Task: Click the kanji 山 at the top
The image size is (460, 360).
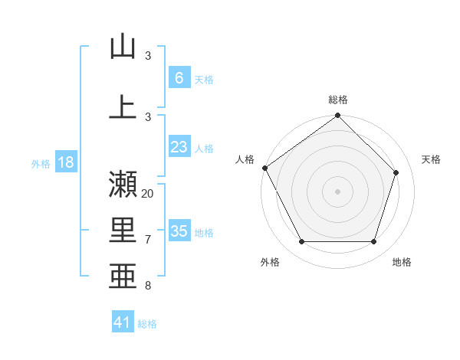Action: (123, 47)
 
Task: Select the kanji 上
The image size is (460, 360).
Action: (123, 106)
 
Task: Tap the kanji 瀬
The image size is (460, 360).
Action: (123, 184)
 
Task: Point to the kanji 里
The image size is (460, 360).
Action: (123, 231)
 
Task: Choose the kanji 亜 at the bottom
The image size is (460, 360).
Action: (123, 277)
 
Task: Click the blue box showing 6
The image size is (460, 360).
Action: (179, 77)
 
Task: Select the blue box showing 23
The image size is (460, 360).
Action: (179, 147)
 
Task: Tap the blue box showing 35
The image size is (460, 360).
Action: (179, 231)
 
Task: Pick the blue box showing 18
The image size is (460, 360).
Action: (65, 162)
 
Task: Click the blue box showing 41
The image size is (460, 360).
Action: (123, 322)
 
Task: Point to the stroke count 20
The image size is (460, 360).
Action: (148, 193)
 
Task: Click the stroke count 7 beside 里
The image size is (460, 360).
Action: (148, 240)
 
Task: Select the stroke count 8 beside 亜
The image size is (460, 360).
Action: (148, 286)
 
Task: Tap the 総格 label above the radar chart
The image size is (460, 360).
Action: (338, 100)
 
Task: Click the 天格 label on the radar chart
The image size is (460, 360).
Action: (432, 159)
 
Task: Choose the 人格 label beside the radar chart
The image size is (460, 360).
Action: (245, 159)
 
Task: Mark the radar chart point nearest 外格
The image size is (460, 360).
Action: (301, 242)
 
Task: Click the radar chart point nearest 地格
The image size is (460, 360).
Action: (374, 242)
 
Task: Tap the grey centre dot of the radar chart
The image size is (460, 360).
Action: (338, 191)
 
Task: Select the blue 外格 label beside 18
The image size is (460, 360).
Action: (40, 163)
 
